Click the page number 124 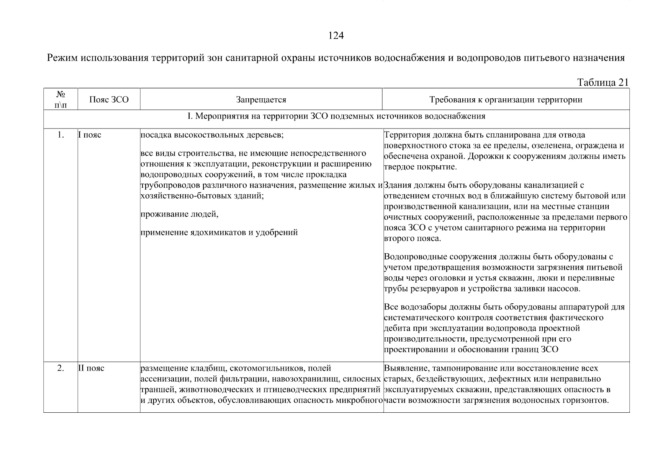click(336, 36)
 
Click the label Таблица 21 click(603, 83)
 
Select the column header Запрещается click(261, 100)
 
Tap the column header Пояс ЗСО click(109, 100)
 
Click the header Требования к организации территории click(506, 100)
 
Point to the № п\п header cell click(61, 99)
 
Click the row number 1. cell click(61, 135)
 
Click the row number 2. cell click(61, 368)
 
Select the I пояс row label click(90, 135)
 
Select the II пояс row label click(91, 368)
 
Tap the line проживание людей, click(179, 214)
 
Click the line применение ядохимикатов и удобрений click(219, 233)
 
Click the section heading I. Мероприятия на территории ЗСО click(336, 116)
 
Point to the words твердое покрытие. click(420, 167)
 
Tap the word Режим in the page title click(62, 58)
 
